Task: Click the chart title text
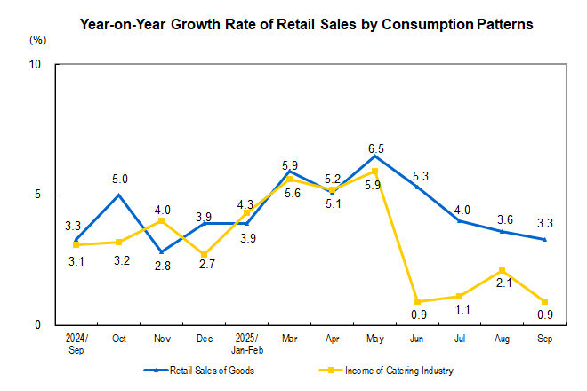(307, 24)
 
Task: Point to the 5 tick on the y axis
(39, 195)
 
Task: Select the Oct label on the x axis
(118, 339)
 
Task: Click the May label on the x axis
(375, 339)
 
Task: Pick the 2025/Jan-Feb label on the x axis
(246, 344)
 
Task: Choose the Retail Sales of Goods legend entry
(201, 370)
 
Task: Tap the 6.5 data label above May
(375, 148)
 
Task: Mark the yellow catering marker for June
(418, 301)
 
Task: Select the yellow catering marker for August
(503, 270)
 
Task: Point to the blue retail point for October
(119, 195)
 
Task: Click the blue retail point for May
(375, 156)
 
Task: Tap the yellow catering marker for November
(162, 220)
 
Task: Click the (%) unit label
(37, 40)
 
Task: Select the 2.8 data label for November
(162, 267)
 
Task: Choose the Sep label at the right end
(546, 339)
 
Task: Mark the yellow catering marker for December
(205, 254)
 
